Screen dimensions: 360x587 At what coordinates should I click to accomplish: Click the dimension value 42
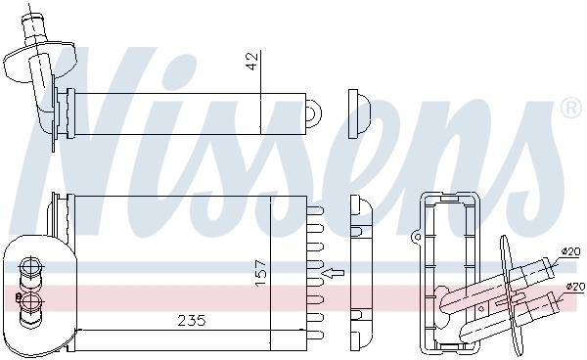[x=251, y=62]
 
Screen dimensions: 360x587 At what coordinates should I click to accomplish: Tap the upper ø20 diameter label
[x=570, y=251]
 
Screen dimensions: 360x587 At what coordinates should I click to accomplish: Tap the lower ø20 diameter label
[x=573, y=286]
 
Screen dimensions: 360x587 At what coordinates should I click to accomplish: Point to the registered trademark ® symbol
[x=568, y=107]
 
